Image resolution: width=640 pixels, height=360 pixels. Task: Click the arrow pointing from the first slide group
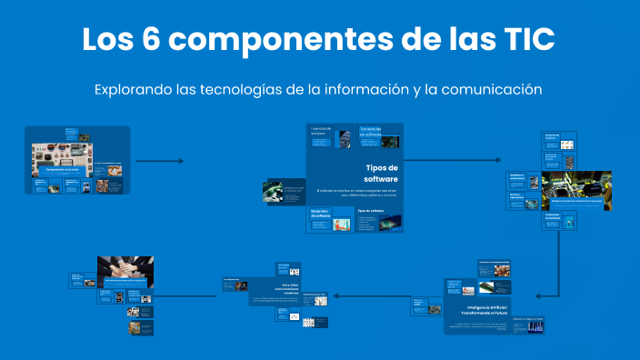(160, 161)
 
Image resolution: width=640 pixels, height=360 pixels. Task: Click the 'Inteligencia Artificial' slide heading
(479, 309)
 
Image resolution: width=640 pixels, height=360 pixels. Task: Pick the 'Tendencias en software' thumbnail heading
(374, 133)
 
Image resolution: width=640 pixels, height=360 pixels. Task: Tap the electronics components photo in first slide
(61, 154)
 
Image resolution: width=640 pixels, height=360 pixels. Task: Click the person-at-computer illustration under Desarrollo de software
(342, 224)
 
